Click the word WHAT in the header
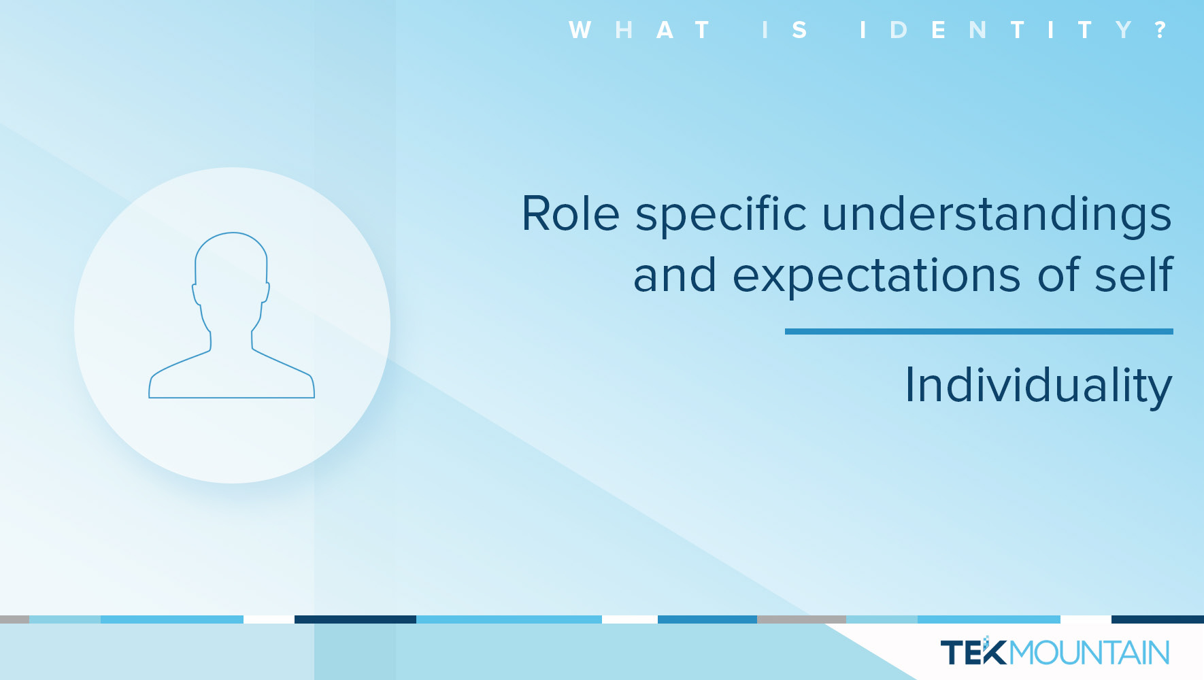(639, 30)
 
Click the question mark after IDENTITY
(1160, 30)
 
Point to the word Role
(570, 214)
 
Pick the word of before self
(1058, 275)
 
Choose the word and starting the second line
(675, 275)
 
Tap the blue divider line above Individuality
(979, 332)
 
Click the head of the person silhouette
(231, 265)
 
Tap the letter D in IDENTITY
(898, 30)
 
